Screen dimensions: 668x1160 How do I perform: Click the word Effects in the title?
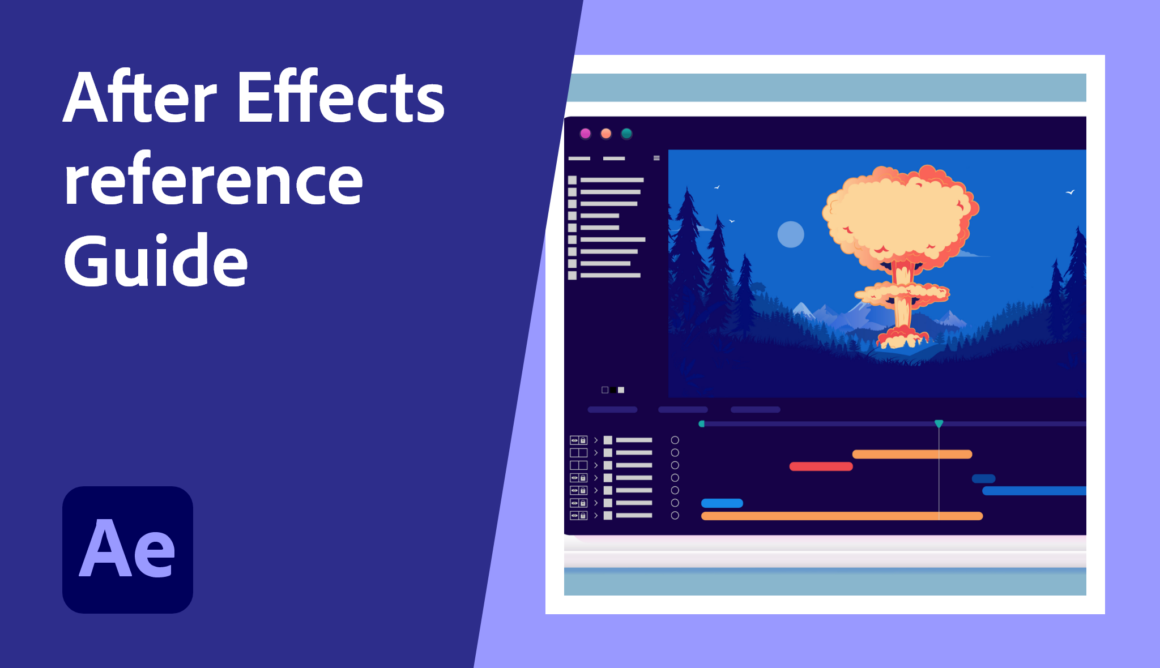pyautogui.click(x=341, y=97)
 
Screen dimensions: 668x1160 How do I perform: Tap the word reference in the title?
pyautogui.click(x=214, y=180)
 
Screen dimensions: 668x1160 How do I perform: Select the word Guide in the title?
pyautogui.click(x=156, y=260)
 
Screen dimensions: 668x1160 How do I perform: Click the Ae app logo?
pyautogui.click(x=127, y=550)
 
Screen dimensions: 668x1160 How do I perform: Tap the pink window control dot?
pyautogui.click(x=586, y=134)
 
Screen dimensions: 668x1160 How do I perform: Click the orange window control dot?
pyautogui.click(x=606, y=134)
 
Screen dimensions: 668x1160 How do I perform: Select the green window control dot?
pyautogui.click(x=626, y=134)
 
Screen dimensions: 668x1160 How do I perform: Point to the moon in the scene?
pyautogui.click(x=791, y=234)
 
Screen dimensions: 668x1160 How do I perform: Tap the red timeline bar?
pyautogui.click(x=821, y=466)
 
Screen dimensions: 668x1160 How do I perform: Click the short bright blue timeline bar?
pyautogui.click(x=722, y=503)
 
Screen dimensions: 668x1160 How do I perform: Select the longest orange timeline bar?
pyautogui.click(x=842, y=516)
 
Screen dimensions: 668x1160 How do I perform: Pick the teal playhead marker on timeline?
pyautogui.click(x=939, y=423)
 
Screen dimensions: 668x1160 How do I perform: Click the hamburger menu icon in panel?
pyautogui.click(x=656, y=158)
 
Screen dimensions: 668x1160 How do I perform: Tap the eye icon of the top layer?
pyautogui.click(x=574, y=440)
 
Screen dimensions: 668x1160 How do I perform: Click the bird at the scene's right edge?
pyautogui.click(x=1070, y=192)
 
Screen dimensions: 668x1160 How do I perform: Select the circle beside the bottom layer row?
pyautogui.click(x=675, y=515)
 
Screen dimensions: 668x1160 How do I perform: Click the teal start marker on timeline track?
pyautogui.click(x=702, y=423)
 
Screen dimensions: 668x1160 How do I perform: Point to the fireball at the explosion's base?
pyautogui.click(x=902, y=337)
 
